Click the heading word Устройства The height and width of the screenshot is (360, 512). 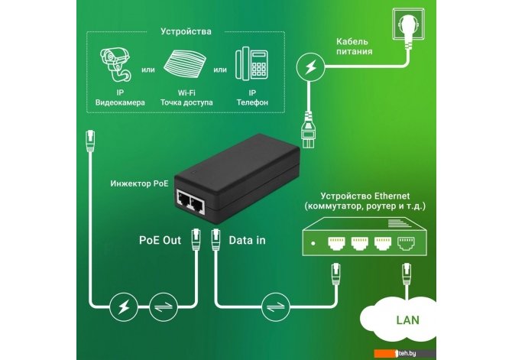coord(186,32)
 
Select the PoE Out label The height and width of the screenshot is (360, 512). coord(160,240)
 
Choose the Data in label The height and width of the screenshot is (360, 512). coord(248,240)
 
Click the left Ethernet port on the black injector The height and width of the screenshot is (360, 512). coord(186,201)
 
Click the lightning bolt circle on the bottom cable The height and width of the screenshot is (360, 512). coord(124,307)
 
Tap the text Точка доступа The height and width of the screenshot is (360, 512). coord(185,102)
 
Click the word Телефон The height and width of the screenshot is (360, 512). coord(252,102)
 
